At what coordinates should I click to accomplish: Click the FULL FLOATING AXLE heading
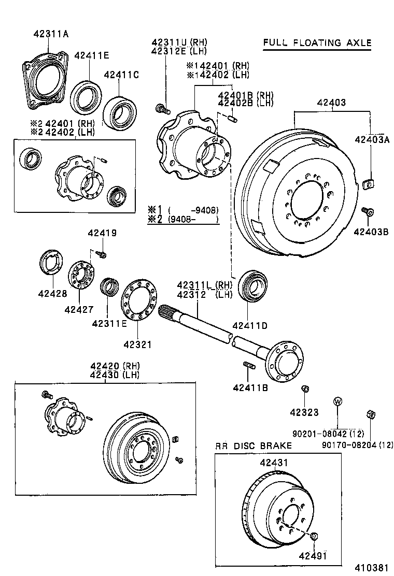point(317,42)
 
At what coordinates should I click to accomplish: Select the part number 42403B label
point(371,232)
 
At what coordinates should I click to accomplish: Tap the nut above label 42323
point(305,389)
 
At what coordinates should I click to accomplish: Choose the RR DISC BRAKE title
point(254,445)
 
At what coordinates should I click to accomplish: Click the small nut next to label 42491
point(314,537)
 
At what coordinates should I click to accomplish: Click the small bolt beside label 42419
point(102,254)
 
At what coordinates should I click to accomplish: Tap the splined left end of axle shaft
point(168,311)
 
